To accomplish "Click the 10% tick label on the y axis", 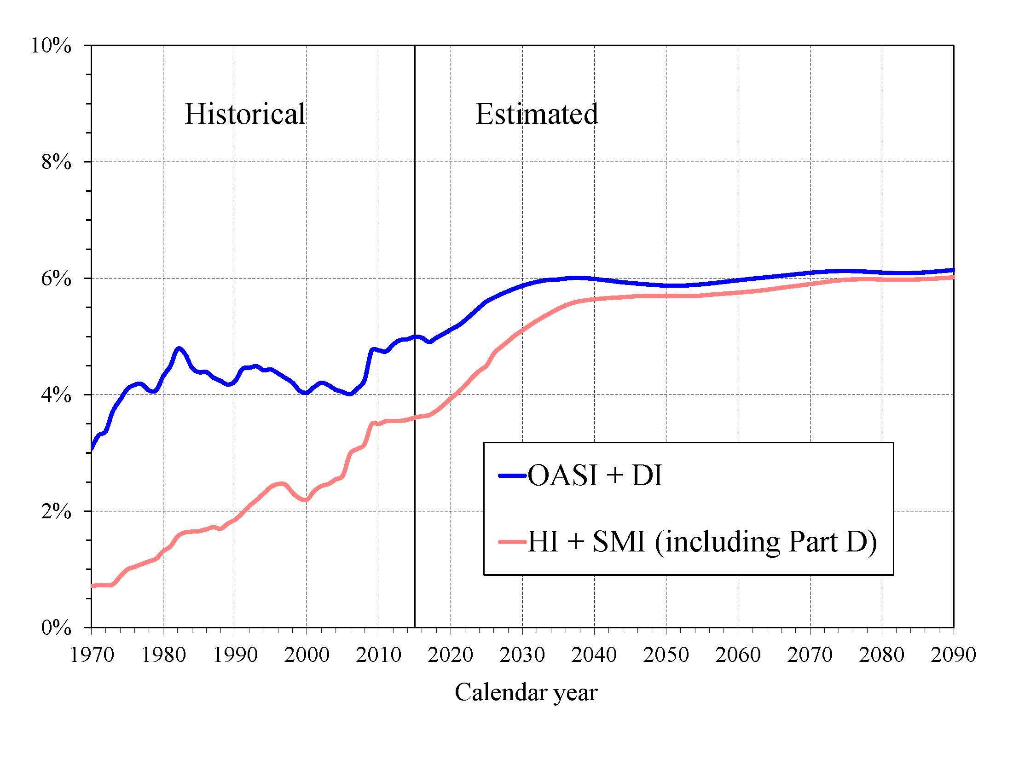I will (x=51, y=46).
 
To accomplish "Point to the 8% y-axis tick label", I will (x=57, y=162).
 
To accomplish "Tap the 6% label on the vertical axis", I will (x=57, y=279).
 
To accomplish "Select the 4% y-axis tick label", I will (x=57, y=395).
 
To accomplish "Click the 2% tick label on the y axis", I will (x=57, y=511).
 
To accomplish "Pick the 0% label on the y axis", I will (x=57, y=628).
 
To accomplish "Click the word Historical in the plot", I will (x=245, y=114).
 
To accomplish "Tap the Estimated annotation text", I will (x=537, y=114).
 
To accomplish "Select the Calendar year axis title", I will (x=526, y=692).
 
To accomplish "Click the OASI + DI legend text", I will (x=595, y=476).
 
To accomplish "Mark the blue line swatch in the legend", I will (x=513, y=476).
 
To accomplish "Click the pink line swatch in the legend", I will (x=513, y=542).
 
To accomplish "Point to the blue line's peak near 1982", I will (x=179, y=348).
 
